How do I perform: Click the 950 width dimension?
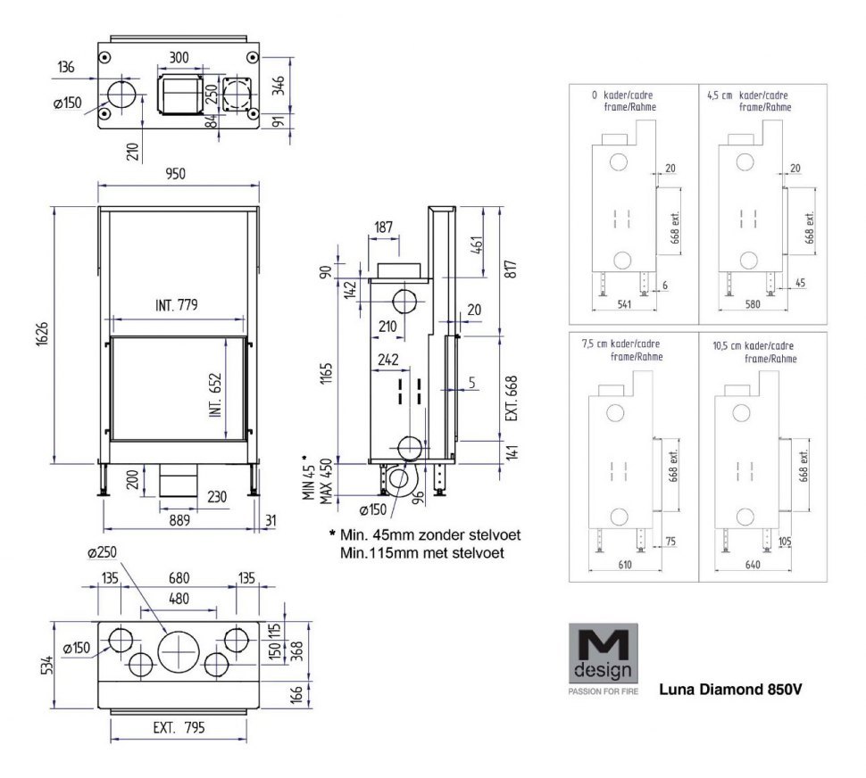(176, 174)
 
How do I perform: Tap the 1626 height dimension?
(43, 334)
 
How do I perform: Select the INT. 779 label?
(176, 304)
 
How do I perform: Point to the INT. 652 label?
(215, 395)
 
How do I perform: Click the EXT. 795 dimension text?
(179, 727)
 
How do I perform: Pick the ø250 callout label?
(102, 552)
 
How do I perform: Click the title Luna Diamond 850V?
(730, 689)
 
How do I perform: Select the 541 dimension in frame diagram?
(623, 304)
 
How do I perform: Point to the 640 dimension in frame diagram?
(753, 565)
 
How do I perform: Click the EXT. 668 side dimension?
(512, 399)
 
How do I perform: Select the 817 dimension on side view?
(512, 269)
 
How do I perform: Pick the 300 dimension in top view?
(179, 57)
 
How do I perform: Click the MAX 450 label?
(326, 481)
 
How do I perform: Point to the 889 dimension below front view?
(179, 520)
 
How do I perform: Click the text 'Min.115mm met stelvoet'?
(422, 552)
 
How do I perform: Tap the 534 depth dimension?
(47, 665)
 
